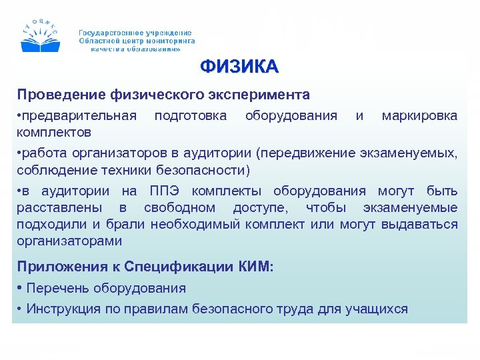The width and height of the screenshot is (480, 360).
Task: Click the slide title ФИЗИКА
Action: [x=239, y=67]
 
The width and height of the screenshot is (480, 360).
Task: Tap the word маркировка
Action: [x=419, y=116]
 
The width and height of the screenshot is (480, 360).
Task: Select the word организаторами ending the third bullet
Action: [x=69, y=240]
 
